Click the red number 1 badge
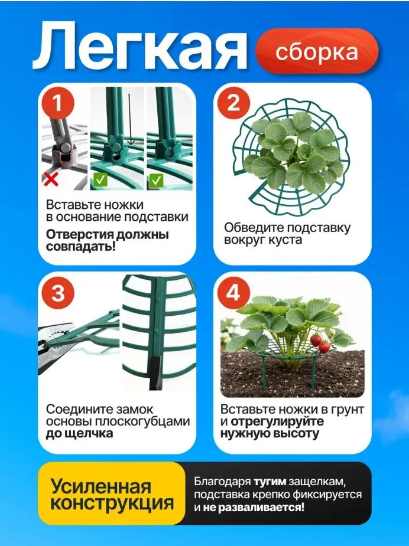[x=58, y=103]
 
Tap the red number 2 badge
[x=233, y=103]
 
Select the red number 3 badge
[x=58, y=293]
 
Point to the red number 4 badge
[x=233, y=293]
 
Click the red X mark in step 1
[x=51, y=179]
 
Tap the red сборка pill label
[x=317, y=51]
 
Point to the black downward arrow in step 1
[x=130, y=119]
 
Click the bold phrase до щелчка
[x=80, y=434]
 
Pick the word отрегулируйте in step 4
[x=277, y=421]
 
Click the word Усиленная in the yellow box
[x=100, y=486]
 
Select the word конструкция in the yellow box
[x=112, y=503]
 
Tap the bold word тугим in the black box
[x=270, y=482]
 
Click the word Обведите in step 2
[x=254, y=227]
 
